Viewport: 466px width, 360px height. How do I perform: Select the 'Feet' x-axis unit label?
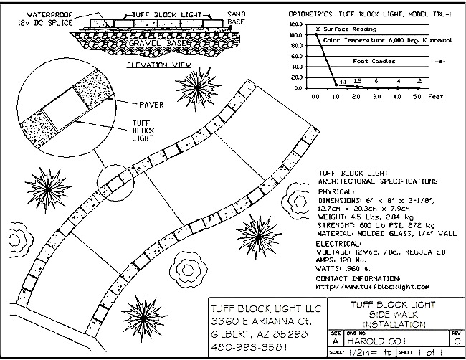point(435,95)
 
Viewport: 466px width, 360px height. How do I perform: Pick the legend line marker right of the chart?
point(445,62)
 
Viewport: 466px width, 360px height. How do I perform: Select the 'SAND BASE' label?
point(237,18)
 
